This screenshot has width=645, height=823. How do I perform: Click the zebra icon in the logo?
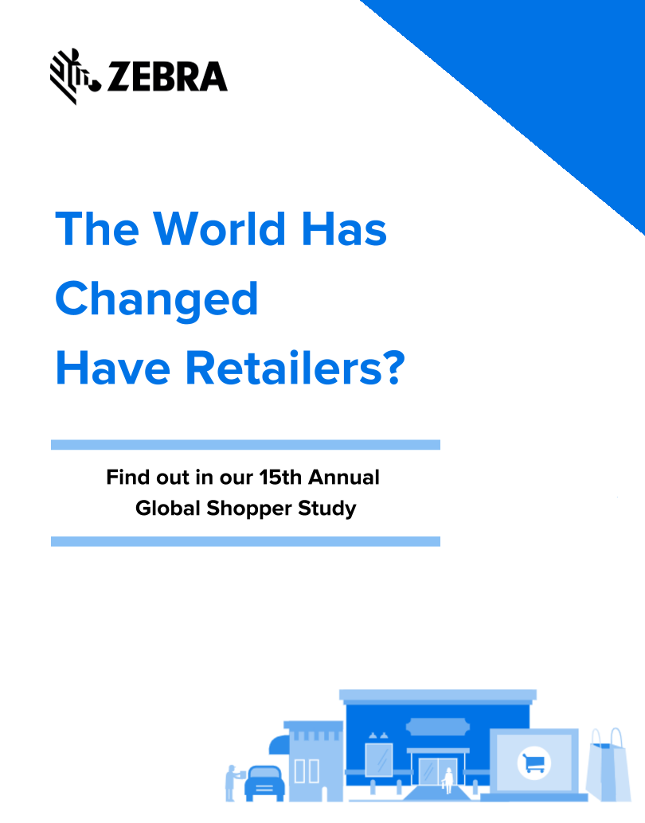(73, 76)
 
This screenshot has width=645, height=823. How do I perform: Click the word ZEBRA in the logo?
(167, 77)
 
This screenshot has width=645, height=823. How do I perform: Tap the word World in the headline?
(220, 229)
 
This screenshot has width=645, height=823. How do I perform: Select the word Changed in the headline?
(157, 299)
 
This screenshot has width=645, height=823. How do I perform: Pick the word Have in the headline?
(113, 368)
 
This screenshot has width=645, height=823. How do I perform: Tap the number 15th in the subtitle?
(280, 477)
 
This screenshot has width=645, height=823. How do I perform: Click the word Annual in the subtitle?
(344, 477)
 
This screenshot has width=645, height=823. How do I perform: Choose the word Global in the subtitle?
(168, 508)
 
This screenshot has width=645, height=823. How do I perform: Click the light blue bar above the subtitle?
(245, 445)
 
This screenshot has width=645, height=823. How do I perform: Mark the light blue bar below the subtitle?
(245, 542)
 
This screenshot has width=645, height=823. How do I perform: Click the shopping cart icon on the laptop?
(534, 763)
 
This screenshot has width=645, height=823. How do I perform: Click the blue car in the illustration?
(264, 783)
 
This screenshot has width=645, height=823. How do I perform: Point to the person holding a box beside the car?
(233, 782)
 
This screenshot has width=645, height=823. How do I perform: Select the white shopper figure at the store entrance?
(448, 781)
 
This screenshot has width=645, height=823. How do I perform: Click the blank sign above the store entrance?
(437, 727)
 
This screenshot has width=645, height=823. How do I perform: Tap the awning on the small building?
(279, 744)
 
